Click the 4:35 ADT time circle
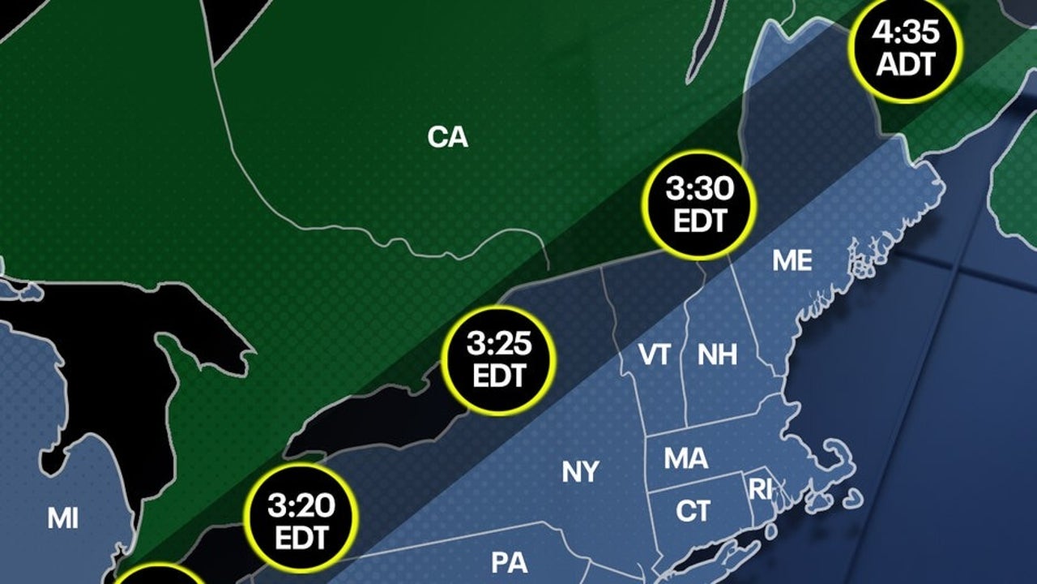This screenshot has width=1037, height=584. [905, 48]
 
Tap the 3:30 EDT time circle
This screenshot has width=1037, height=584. [699, 204]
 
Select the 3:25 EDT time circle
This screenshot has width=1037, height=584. [500, 360]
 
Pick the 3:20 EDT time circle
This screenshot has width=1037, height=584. [301, 520]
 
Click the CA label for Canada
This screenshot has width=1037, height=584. [448, 138]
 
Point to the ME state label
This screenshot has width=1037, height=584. [792, 260]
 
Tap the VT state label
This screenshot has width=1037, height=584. [653, 354]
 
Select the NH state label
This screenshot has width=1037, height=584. [717, 354]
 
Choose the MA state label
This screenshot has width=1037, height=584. [685, 459]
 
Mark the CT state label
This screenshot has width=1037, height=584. [693, 511]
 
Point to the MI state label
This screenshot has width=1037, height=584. [62, 518]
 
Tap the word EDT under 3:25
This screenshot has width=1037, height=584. [500, 376]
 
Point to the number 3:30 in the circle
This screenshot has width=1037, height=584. [699, 189]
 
